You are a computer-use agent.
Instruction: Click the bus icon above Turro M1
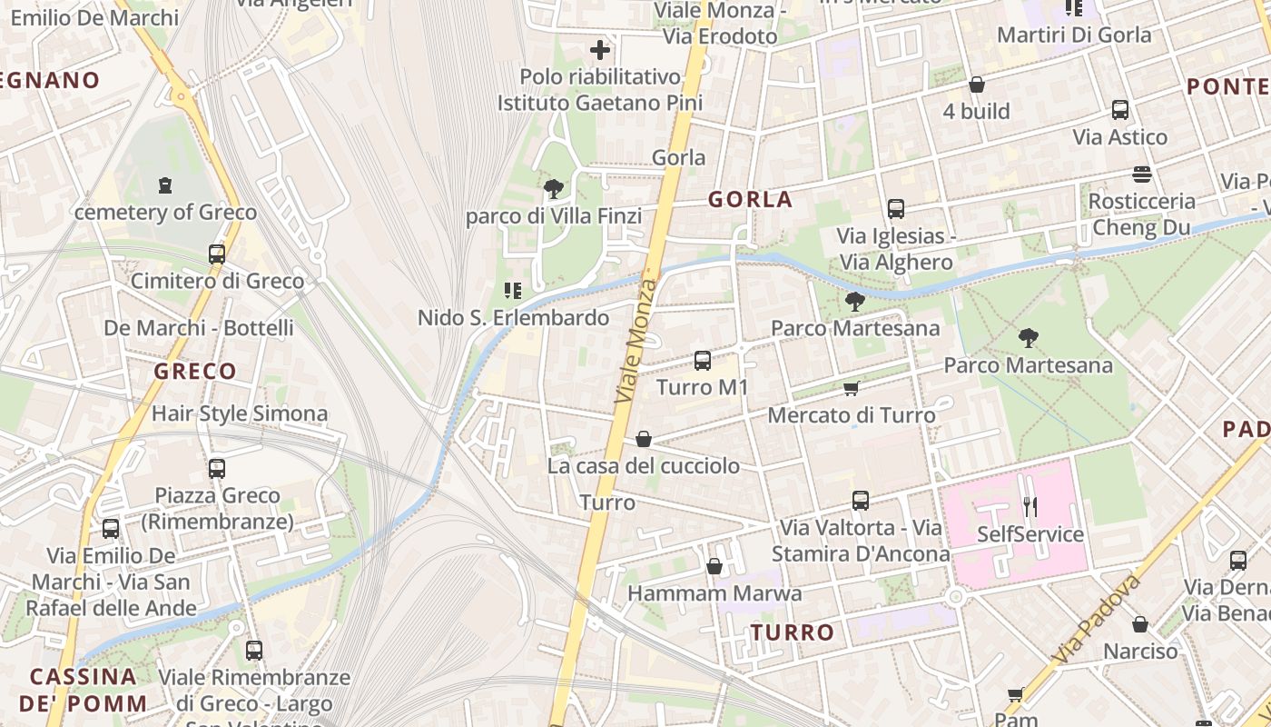point(702,361)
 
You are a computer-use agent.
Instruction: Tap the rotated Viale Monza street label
point(636,341)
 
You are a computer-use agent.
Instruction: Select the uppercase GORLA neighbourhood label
point(750,200)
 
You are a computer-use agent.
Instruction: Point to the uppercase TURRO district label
point(793,632)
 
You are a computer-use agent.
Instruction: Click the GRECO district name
point(195,371)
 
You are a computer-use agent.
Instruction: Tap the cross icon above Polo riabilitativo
point(600,50)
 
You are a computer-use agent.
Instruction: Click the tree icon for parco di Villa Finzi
point(553,189)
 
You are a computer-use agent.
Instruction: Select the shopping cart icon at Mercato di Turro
point(851,389)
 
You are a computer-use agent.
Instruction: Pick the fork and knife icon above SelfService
point(1030,506)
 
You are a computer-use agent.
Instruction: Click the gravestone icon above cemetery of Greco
point(164,185)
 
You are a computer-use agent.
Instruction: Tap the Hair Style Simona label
point(240,413)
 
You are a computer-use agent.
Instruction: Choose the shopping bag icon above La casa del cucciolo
point(643,440)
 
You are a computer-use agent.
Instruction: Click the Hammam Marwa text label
point(715,593)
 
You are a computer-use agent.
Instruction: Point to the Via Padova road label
point(1097,618)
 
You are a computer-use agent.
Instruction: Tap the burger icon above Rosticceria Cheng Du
point(1142,174)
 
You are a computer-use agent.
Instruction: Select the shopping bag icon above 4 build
point(977,85)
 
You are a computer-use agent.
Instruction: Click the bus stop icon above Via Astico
point(1120,110)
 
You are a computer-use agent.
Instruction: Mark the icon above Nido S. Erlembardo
point(513,291)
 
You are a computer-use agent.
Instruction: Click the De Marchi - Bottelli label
point(198,327)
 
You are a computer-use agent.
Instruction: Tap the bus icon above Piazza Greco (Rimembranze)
point(217,469)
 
